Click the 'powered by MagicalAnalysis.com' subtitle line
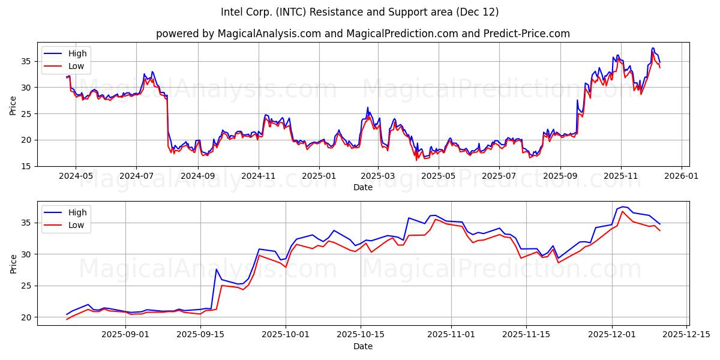pyautogui.click(x=362, y=34)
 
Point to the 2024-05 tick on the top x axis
pyautogui.click(x=76, y=176)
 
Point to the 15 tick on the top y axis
pyautogui.click(x=27, y=166)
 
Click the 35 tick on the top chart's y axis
pyautogui.click(x=27, y=61)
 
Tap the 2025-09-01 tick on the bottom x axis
pyautogui.click(x=125, y=335)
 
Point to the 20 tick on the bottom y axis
pyautogui.click(x=27, y=317)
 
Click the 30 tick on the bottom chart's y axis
pyautogui.click(x=27, y=254)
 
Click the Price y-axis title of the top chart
pyautogui.click(x=13, y=104)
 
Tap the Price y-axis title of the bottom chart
pyautogui.click(x=13, y=263)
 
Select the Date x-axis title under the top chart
pyautogui.click(x=362, y=187)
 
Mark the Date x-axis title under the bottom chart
pyautogui.click(x=362, y=346)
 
